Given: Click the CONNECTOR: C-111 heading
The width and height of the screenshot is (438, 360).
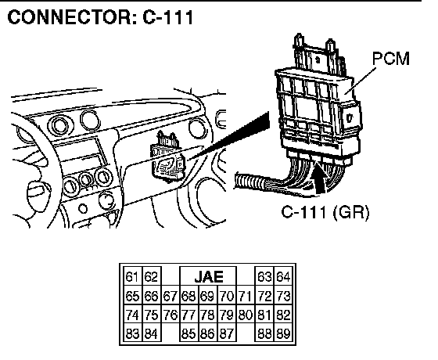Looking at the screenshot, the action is tap(100, 17).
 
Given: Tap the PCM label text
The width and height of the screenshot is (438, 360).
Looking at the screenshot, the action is tap(391, 59).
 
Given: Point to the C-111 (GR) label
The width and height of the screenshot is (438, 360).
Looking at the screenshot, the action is tap(325, 212).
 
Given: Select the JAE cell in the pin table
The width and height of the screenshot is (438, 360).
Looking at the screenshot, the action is tap(208, 277).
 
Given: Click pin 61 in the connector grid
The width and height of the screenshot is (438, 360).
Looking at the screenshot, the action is tap(132, 277).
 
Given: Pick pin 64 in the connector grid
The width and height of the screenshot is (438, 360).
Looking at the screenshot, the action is tap(283, 277).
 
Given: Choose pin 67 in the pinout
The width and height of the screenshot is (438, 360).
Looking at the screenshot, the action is tap(171, 296).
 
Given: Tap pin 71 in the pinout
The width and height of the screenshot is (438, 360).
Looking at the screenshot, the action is tap(246, 296).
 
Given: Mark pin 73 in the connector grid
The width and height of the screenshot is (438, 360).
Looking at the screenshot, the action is tap(283, 296).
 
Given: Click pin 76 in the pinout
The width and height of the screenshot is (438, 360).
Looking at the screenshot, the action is tap(171, 315).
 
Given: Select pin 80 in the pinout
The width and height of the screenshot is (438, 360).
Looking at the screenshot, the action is tap(246, 315).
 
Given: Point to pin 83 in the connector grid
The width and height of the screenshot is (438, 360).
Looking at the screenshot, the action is tap(132, 333).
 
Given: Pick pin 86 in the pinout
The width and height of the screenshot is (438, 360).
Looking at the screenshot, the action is tap(208, 333).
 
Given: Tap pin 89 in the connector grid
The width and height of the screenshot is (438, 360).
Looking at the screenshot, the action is tap(283, 333).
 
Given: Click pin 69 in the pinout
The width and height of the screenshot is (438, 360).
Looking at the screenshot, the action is tap(208, 296).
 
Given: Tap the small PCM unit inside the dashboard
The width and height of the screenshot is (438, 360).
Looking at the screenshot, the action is tap(167, 158).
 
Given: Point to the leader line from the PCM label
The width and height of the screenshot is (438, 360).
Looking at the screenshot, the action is tap(360, 81).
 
